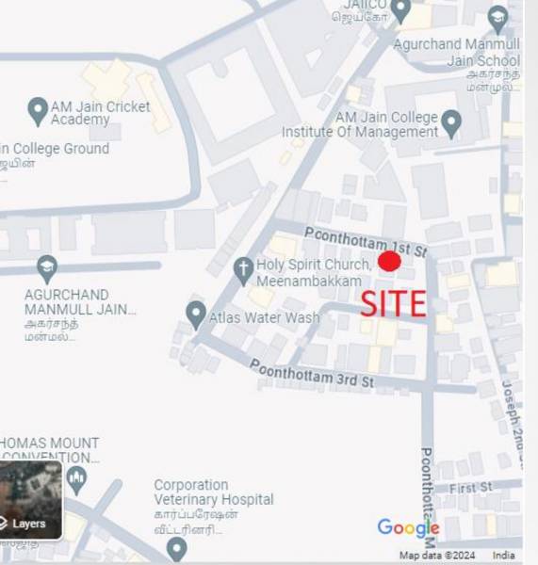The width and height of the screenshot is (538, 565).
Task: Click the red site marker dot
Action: pos(389,261)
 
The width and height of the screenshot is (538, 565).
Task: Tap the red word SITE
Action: pos(394,303)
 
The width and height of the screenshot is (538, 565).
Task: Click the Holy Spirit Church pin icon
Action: pos(243,270)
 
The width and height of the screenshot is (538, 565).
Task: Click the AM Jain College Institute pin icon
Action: pos(451,122)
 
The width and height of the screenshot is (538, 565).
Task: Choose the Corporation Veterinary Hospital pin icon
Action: pos(176,545)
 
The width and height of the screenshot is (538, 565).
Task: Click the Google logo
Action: pos(408,527)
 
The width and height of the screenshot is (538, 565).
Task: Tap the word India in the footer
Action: pos(503,556)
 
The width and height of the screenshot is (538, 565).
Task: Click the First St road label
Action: pos(470,488)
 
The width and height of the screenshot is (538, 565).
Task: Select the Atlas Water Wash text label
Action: pos(264,318)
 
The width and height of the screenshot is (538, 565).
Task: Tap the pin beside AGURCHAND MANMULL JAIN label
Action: pos(47,268)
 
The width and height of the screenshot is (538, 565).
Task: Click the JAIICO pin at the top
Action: pos(401,10)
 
